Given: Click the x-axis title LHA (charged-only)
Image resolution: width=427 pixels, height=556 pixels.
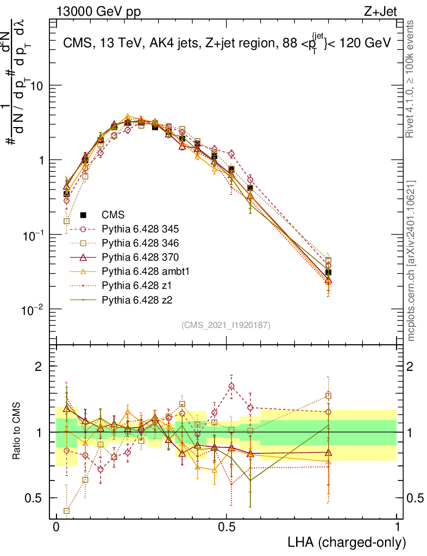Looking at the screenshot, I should pos(346,542).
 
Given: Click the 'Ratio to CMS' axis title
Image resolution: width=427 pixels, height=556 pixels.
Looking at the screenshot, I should pos(17,432).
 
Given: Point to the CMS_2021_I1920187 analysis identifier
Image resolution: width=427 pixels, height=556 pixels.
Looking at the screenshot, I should pos(226,325).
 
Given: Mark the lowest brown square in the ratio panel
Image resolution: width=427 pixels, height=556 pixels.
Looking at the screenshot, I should pos(67,511).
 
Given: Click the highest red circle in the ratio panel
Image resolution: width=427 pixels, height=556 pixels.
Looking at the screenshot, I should pos(232,386).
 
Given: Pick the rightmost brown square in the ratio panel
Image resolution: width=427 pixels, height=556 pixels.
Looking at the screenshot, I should pos(328,396).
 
